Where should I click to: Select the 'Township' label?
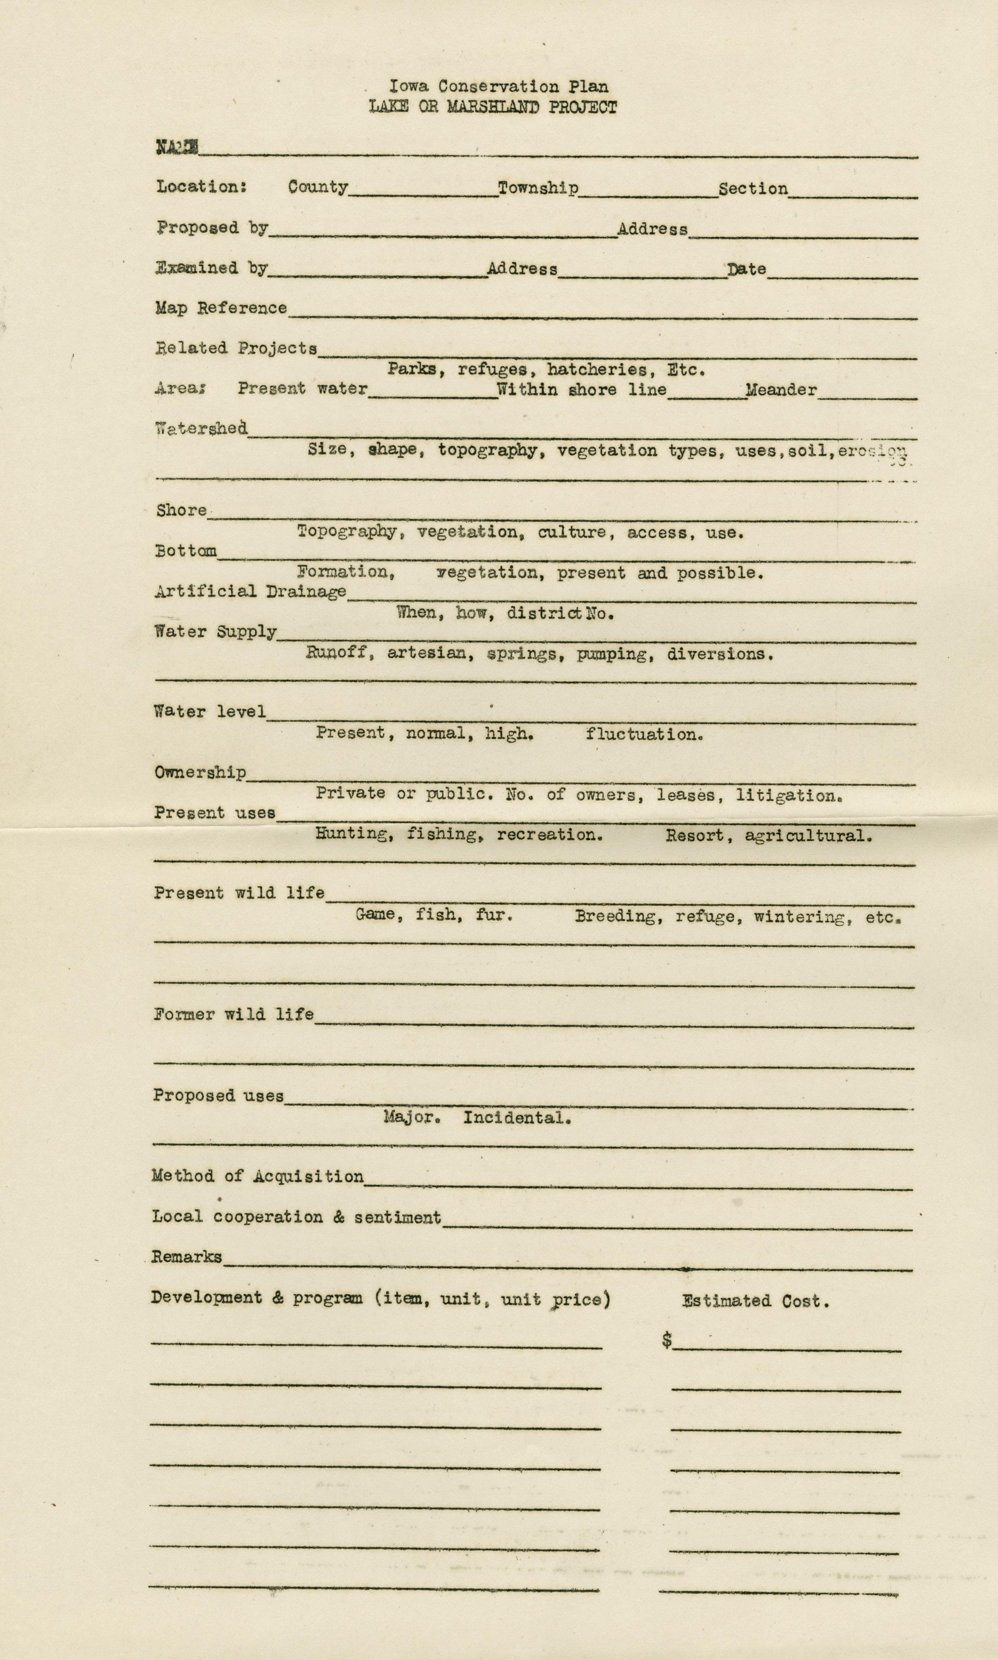pos(538,188)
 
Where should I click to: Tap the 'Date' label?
pos(746,269)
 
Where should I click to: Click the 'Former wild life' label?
pos(233,1014)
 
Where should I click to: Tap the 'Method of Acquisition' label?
pos(258,1176)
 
